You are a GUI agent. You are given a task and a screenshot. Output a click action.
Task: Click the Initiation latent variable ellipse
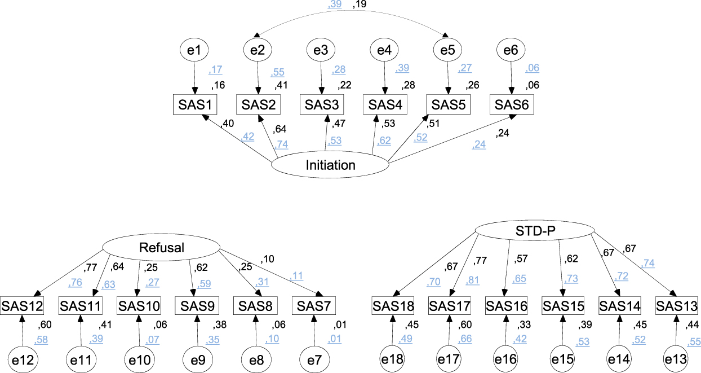pyautogui.click(x=330, y=165)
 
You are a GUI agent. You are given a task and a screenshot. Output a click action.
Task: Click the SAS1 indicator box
pyautogui.click(x=194, y=104)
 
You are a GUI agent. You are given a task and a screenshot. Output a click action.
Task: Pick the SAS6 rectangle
pyautogui.click(x=511, y=104)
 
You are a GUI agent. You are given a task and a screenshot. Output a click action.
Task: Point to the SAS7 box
pyautogui.click(x=314, y=306)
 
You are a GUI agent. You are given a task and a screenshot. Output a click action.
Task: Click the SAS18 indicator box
pyautogui.click(x=393, y=306)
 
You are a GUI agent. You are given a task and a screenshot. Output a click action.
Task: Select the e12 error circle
pyautogui.click(x=23, y=358)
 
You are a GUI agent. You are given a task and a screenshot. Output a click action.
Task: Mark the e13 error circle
pyautogui.click(x=675, y=358)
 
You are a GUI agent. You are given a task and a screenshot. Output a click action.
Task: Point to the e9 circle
pyautogui.click(x=198, y=358)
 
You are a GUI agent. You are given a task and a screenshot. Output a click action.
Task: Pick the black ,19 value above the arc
pyautogui.click(x=360, y=5)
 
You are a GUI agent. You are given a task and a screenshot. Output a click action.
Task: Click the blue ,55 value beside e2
pyautogui.click(x=278, y=73)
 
